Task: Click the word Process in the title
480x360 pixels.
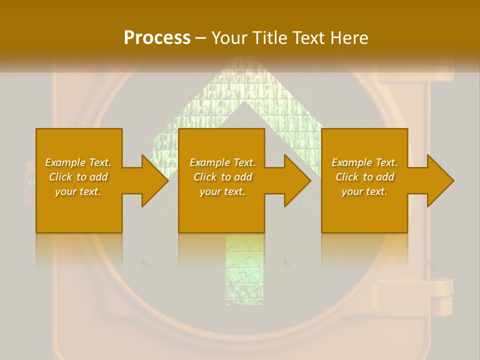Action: click(x=157, y=37)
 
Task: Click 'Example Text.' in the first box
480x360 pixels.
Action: click(x=78, y=162)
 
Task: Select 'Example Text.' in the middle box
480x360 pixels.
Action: click(x=222, y=162)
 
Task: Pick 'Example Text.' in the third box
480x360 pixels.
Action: click(x=364, y=162)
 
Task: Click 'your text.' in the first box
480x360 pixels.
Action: click(x=78, y=191)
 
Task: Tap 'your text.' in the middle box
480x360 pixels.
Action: click(x=222, y=191)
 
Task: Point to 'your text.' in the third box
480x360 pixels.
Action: click(x=364, y=191)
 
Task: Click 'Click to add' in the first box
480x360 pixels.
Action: click(x=78, y=177)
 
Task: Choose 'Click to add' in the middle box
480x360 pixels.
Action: click(x=222, y=177)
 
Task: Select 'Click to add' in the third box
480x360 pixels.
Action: click(x=364, y=177)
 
